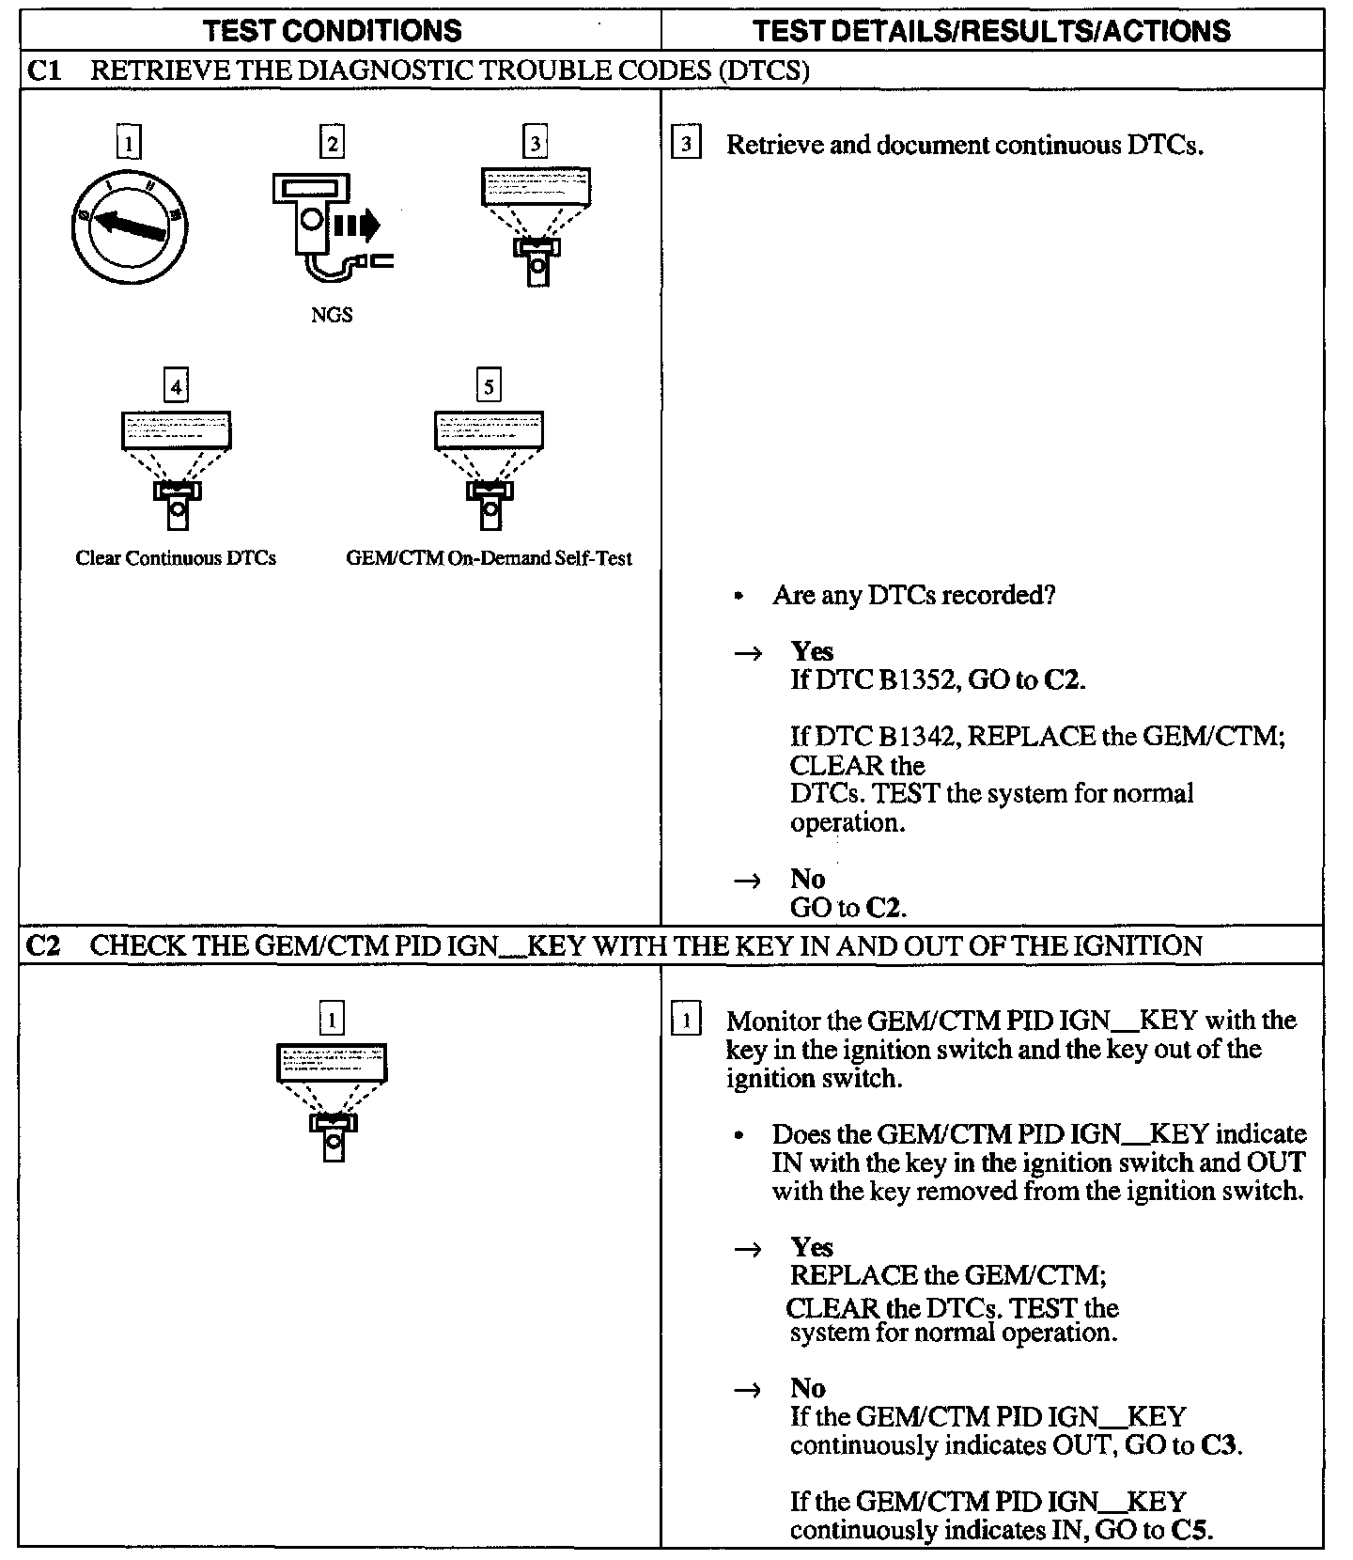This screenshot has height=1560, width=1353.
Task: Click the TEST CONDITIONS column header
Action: [x=333, y=31]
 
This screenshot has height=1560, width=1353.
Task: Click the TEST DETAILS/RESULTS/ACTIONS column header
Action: [x=991, y=31]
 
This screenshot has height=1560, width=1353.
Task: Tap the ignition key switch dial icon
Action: [x=129, y=225]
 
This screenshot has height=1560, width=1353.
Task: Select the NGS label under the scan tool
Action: [x=332, y=316]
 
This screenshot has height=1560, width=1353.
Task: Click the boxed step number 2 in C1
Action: [x=332, y=143]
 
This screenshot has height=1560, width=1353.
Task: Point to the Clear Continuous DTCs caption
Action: [x=176, y=558]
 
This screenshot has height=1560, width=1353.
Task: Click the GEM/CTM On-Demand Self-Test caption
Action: [x=489, y=558]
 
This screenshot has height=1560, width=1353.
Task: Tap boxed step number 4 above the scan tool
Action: [x=176, y=385]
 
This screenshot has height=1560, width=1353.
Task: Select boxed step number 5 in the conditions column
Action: [x=489, y=385]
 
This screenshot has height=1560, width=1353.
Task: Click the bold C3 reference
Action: [x=1219, y=1445]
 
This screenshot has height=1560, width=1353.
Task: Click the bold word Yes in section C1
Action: [x=812, y=652]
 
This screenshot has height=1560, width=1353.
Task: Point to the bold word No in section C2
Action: [x=808, y=1388]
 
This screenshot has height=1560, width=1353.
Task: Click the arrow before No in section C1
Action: [x=748, y=881]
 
